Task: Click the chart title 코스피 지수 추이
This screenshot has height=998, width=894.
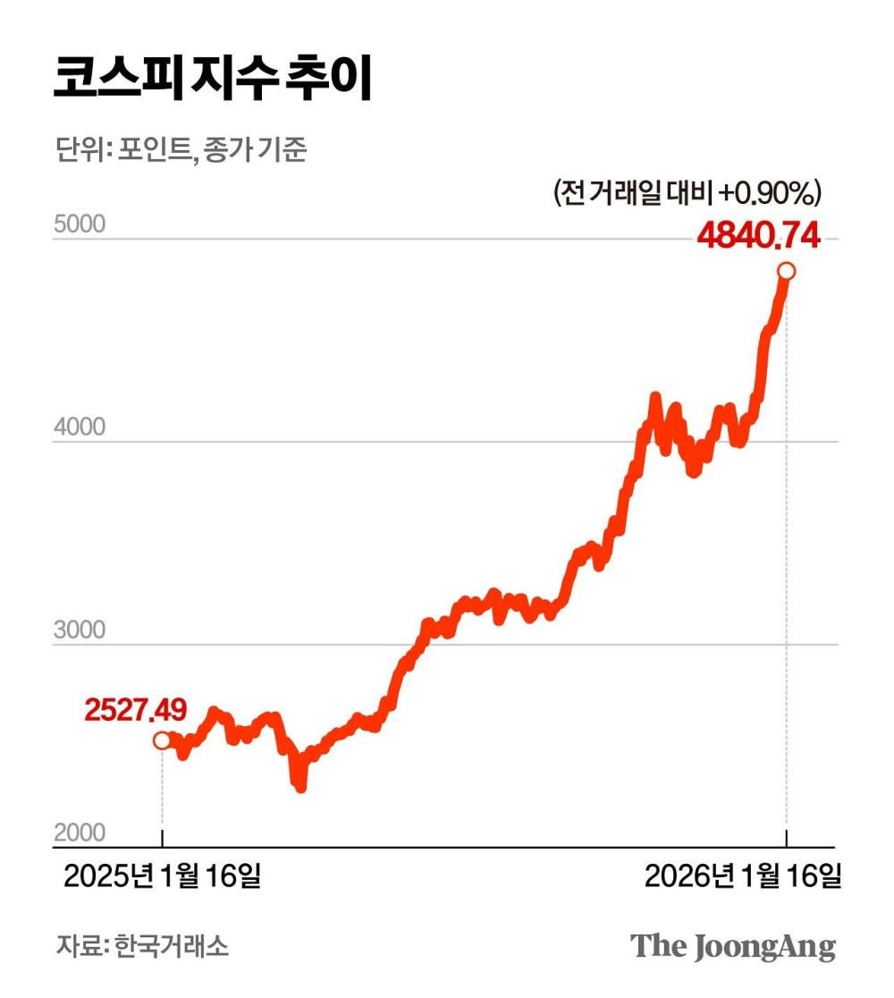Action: pos(212,80)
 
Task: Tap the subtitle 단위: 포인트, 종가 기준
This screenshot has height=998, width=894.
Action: pos(179,150)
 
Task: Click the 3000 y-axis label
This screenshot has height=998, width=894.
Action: pos(80,630)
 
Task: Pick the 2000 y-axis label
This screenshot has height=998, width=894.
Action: pos(80,833)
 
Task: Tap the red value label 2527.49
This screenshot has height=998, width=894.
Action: pos(136,710)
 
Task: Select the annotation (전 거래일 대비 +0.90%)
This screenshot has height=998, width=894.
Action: pos(687,192)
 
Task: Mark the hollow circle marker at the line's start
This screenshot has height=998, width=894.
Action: pos(162,740)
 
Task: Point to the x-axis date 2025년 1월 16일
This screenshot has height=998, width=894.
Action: pos(162,877)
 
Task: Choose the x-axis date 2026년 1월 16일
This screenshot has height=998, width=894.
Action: pos(743,877)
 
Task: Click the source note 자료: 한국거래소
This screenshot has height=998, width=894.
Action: pos(142,946)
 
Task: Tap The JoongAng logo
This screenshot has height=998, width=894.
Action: pos(733,946)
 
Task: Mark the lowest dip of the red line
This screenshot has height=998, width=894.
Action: pos(300,786)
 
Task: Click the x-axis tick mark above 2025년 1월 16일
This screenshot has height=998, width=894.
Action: pos(162,839)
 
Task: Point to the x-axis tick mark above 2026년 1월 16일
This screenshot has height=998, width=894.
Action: pos(787,839)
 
